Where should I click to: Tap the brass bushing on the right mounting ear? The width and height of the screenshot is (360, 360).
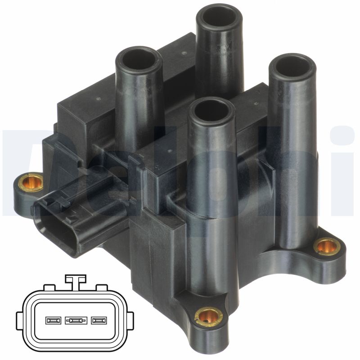[327, 246]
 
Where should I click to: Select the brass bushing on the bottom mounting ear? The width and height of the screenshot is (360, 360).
[208, 316]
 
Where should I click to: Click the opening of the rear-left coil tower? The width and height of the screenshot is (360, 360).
[138, 59]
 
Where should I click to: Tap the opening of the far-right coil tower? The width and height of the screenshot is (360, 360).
[292, 67]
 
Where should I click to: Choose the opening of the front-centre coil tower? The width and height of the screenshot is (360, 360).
[211, 111]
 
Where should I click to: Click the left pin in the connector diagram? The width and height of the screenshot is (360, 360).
[53, 321]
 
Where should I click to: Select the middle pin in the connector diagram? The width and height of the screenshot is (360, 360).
[75, 321]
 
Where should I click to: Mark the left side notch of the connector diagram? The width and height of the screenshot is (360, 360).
[19, 321]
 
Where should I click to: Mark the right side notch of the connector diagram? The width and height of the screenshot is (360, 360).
[131, 321]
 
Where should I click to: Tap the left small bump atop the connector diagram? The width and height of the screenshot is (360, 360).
[49, 288]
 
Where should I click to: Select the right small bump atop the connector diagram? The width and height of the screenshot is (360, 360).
[102, 288]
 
